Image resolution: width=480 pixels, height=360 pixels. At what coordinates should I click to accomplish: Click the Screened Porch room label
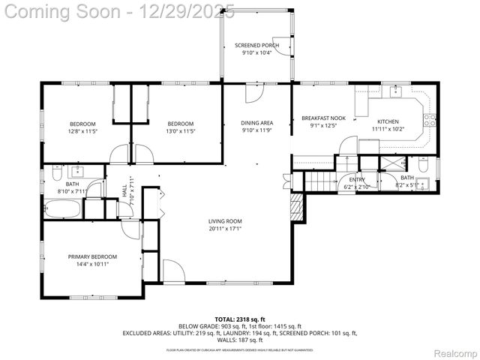point(256,46)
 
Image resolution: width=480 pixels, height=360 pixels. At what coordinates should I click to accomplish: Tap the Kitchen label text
point(388,121)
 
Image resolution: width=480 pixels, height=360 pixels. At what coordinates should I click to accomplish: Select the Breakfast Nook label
point(323,118)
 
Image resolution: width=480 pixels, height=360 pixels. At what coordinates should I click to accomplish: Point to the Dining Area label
point(256,123)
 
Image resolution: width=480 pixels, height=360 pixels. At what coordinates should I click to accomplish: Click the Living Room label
point(225,221)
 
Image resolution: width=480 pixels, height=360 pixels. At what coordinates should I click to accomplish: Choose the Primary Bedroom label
point(92,256)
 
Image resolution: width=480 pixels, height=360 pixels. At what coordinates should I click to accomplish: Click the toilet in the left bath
point(57,175)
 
